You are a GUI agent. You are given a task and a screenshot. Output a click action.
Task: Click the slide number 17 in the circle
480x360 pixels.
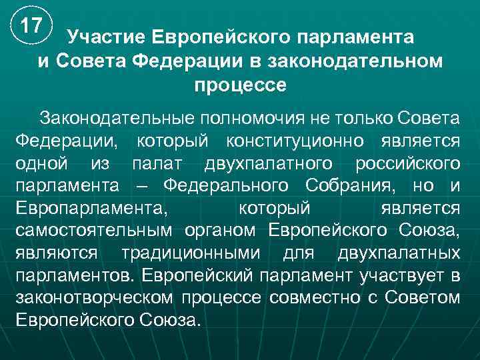[31, 27]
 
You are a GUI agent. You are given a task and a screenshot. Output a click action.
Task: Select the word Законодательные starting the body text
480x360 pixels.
[117, 118]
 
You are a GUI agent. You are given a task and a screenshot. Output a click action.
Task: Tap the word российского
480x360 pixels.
[408, 163]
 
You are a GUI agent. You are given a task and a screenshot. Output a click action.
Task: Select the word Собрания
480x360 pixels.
[347, 186]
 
